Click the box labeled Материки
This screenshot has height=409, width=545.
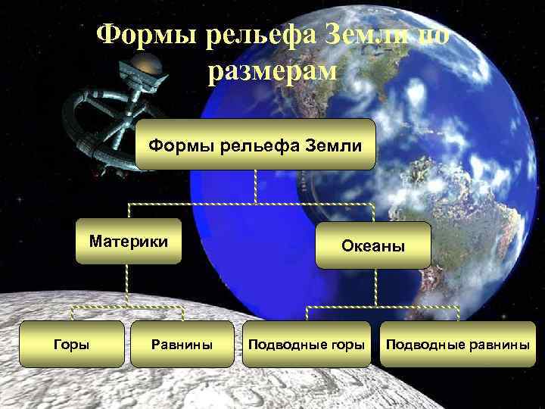pos(127,242)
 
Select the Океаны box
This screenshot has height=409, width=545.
pos(373,246)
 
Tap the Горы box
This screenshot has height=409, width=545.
pos(71,345)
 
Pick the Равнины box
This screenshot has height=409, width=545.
pos(182,345)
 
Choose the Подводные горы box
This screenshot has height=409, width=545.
pos(306,345)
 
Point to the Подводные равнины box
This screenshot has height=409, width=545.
pos(457,345)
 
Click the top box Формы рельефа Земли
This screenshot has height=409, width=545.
pos(255,145)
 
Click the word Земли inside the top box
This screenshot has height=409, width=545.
pos(332,145)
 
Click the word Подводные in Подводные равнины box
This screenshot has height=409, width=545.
pos(422,345)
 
